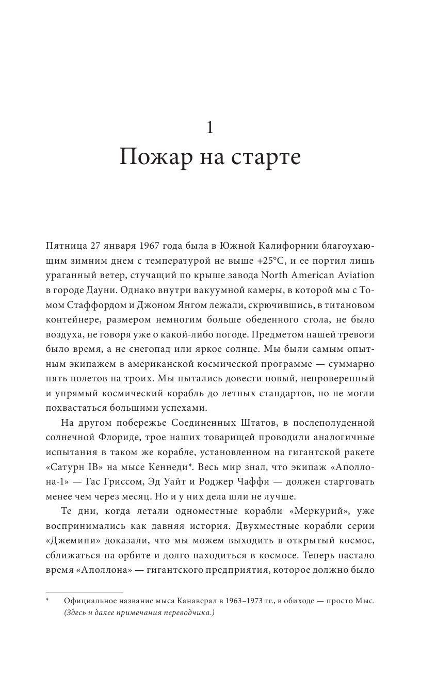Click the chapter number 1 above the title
(x=210, y=127)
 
